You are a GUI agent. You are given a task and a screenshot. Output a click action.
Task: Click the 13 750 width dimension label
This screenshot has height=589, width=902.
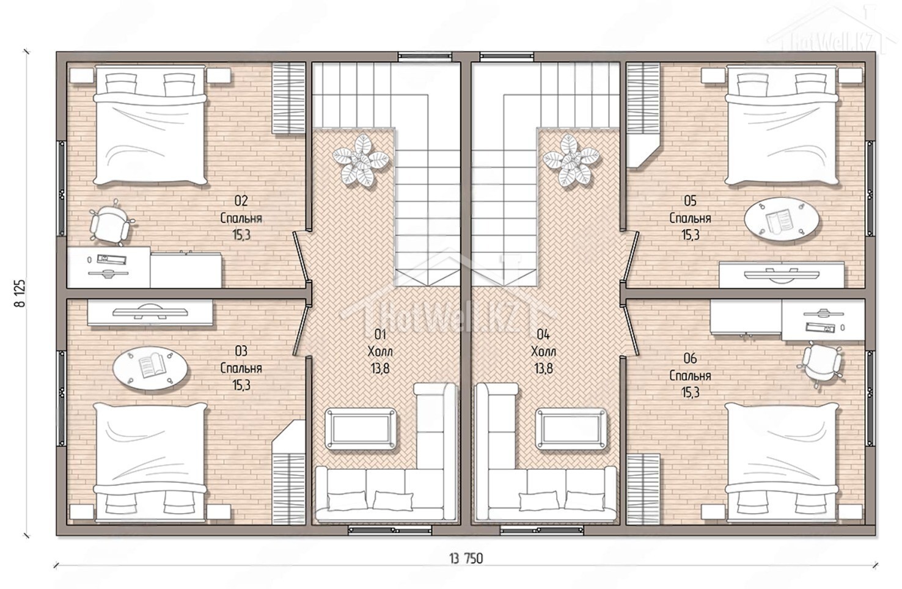tap(466, 558)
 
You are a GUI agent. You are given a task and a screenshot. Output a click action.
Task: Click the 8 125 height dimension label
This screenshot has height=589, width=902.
tap(20, 293)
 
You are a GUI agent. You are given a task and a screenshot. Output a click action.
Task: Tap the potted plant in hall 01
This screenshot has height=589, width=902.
tap(361, 161)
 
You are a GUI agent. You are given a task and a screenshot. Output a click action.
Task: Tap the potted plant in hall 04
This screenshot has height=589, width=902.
tap(571, 161)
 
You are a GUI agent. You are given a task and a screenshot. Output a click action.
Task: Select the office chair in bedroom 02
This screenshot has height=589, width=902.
tap(110, 222)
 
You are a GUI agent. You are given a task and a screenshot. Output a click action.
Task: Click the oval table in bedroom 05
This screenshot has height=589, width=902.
tap(781, 219)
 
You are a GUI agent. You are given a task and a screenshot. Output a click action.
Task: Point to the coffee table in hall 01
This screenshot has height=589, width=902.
tap(361, 428)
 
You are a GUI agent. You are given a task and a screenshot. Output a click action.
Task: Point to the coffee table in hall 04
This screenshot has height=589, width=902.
tap(571, 428)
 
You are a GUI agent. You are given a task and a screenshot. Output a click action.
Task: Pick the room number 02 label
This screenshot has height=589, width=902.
tap(241, 200)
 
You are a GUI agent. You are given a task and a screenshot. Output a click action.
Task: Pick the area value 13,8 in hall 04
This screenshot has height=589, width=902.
tap(543, 368)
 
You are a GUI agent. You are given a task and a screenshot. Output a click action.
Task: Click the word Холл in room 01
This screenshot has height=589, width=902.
tap(380, 351)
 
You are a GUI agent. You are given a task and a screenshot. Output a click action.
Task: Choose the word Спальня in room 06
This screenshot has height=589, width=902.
tap(690, 376)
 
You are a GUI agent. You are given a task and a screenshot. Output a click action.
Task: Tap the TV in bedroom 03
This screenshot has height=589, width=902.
tap(150, 312)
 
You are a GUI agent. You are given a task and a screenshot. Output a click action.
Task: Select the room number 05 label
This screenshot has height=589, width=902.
tap(690, 200)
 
